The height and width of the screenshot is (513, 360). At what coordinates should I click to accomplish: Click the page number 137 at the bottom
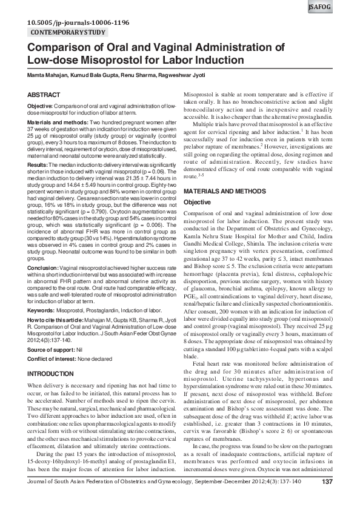(x=327, y=499)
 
